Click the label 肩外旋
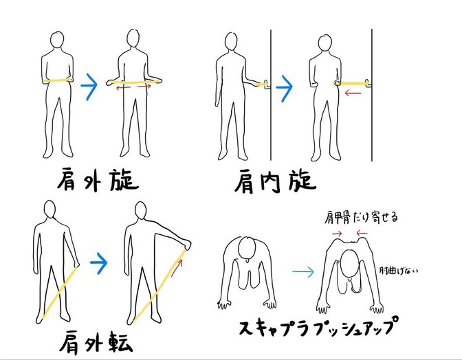tap(98, 179)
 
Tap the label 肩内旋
tap(276, 181)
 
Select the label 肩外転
tap(96, 341)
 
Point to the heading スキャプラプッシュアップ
tap(317, 326)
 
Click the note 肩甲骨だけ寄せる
tap(361, 218)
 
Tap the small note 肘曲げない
tap(398, 271)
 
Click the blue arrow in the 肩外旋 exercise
tap(89, 85)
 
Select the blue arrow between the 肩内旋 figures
tap(284, 88)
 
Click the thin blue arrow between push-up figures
tap(303, 271)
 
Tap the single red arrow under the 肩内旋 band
tap(353, 93)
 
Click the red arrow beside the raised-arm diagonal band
tap(177, 268)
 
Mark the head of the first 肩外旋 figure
tap(57, 39)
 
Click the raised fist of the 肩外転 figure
tap(188, 244)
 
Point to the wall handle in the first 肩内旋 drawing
tap(267, 84)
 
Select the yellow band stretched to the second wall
tap(352, 83)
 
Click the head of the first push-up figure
tap(247, 247)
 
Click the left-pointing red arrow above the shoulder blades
tap(362, 234)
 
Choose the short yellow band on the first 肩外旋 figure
tap(58, 80)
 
